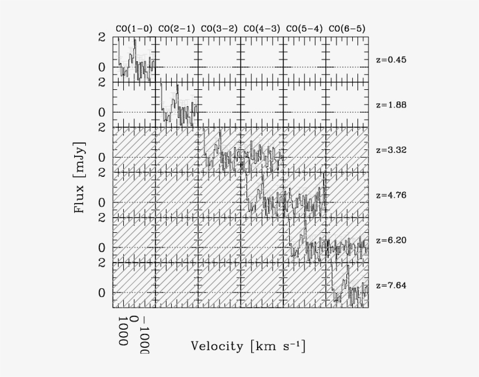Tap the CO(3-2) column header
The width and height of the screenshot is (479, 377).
pyautogui.click(x=219, y=29)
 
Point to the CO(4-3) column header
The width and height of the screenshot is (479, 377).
pyautogui.click(x=262, y=29)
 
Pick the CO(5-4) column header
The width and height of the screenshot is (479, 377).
pyautogui.click(x=304, y=29)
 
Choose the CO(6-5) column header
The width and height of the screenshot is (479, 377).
pyautogui.click(x=347, y=29)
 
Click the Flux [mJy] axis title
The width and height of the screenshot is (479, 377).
pyautogui.click(x=81, y=176)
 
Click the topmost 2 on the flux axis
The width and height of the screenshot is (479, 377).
pyautogui.click(x=102, y=37)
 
